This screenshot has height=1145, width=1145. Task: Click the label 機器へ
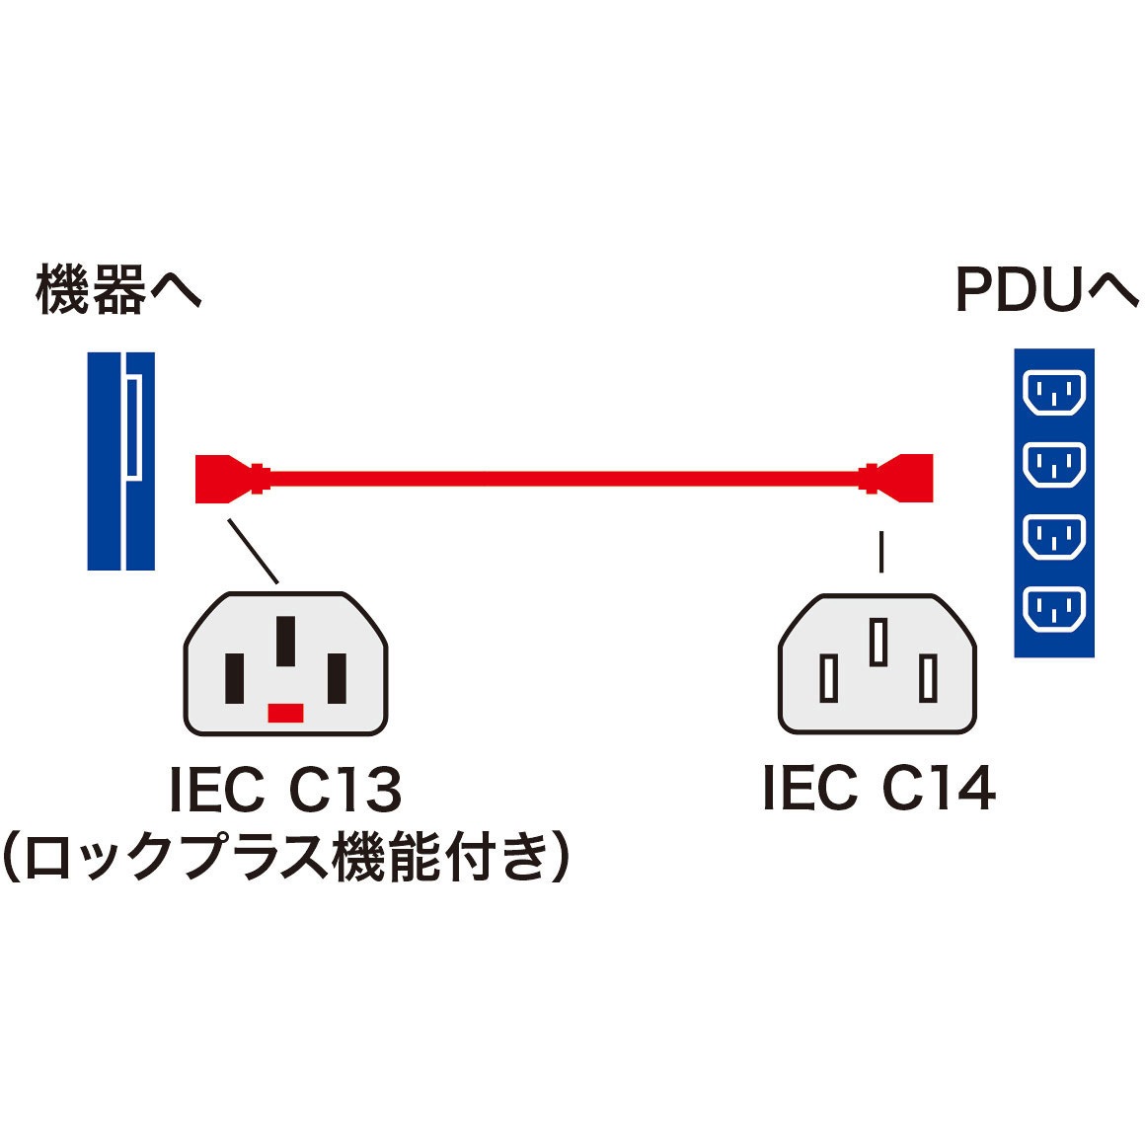(x=118, y=291)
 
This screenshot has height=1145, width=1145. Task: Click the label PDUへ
(x=1045, y=291)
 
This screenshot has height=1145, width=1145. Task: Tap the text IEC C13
(x=285, y=790)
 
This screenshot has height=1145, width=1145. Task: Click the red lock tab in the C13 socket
(x=285, y=713)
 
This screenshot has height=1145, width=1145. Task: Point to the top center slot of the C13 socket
(x=285, y=642)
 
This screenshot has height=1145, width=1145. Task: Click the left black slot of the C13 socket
(x=234, y=678)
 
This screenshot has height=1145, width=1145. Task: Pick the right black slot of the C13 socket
(x=337, y=678)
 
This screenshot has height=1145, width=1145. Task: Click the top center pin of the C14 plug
(x=878, y=642)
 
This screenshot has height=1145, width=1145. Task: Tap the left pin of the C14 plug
(x=829, y=678)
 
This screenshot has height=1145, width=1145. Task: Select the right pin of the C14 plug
(x=927, y=678)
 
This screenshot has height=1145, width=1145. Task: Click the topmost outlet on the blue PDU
(x=1054, y=393)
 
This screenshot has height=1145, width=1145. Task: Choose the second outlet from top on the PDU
(x=1054, y=465)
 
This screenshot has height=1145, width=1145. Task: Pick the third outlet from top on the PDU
(x=1054, y=537)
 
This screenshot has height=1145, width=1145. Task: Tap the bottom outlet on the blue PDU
(x=1054, y=609)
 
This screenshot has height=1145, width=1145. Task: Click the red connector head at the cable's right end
(x=908, y=479)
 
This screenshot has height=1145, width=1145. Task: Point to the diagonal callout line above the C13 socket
(x=253, y=551)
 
